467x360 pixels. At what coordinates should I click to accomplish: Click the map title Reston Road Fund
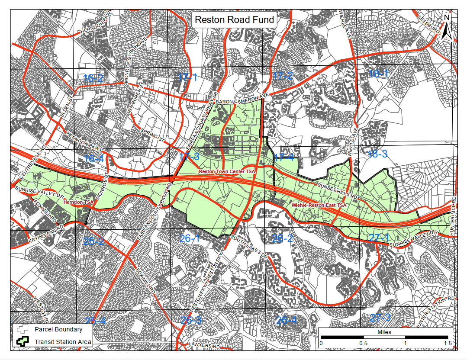pos(234,19)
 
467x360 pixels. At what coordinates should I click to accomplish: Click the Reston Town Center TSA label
pos(227,172)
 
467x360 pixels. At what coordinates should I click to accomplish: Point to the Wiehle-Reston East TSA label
pos(319,205)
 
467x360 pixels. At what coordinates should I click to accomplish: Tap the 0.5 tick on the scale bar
pos(363,337)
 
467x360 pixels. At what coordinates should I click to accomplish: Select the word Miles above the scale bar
pos(384,332)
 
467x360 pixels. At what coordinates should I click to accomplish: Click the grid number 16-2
pos(93,78)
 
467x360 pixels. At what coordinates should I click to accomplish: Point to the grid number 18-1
pos(378,74)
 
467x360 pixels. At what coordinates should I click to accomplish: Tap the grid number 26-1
pos(190,238)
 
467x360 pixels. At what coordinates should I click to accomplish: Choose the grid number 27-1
pos(379,237)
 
